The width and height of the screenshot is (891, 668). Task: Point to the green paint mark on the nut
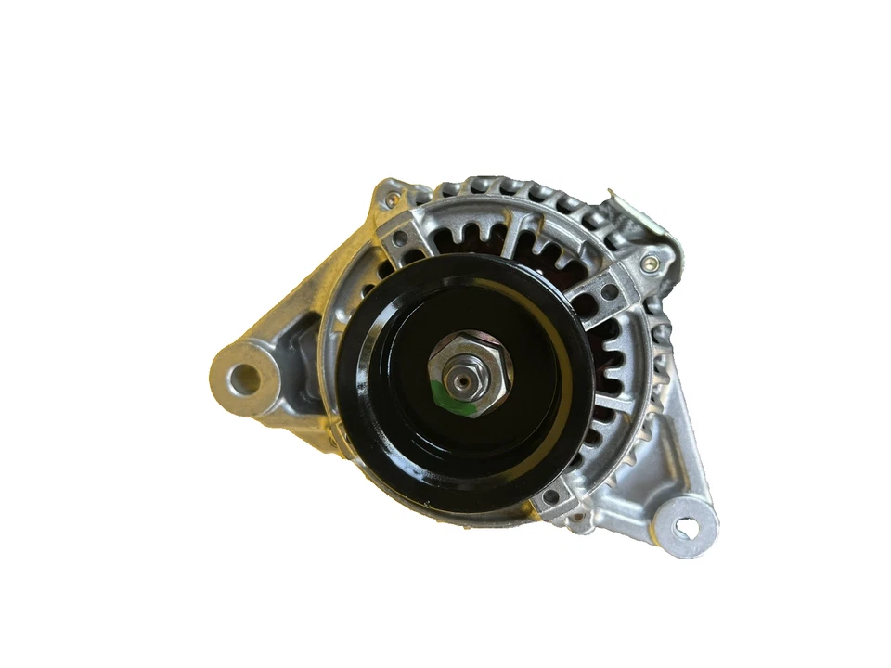(449, 401)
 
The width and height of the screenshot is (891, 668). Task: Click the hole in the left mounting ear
(243, 376)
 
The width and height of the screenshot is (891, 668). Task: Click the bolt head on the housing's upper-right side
(648, 264)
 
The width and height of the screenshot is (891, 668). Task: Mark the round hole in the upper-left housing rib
(400, 238)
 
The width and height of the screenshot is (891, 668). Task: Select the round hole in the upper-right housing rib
(610, 292)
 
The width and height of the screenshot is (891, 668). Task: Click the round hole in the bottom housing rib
(550, 496)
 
